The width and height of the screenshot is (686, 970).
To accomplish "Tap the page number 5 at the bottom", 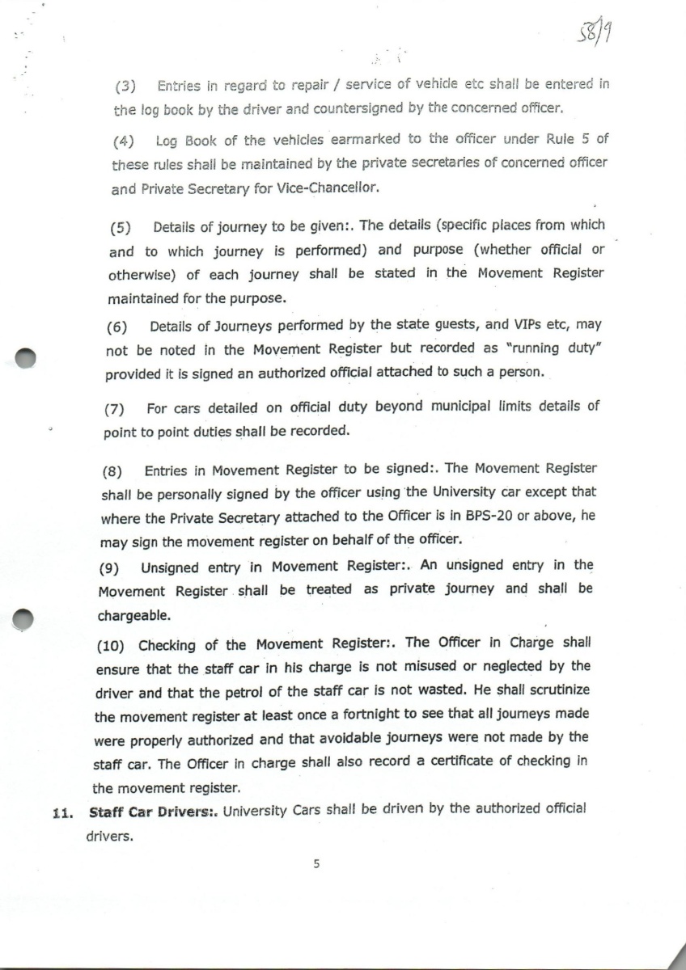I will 316,864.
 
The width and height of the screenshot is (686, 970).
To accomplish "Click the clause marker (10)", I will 112,644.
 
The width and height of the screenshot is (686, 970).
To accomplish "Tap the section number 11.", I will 63,812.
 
